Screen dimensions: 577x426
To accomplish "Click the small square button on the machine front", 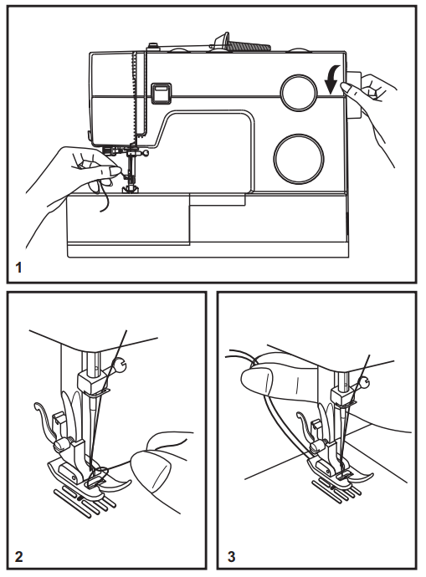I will click(159, 91).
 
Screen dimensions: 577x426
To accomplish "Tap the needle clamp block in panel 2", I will click(92, 381).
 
